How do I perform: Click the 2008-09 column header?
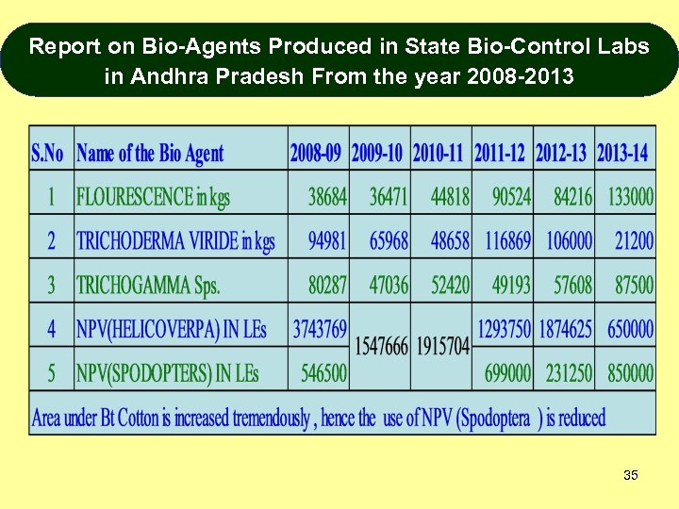tap(318, 153)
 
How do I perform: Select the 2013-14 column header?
tap(623, 153)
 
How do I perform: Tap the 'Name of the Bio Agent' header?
tap(150, 153)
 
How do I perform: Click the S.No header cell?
tap(48, 153)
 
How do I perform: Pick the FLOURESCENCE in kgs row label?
tap(153, 197)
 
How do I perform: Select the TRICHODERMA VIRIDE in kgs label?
tap(175, 240)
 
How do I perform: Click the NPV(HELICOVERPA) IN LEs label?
tap(171, 329)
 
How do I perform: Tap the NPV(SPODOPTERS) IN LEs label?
tap(167, 373)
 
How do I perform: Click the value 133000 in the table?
tap(630, 197)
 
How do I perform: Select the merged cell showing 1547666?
tap(381, 347)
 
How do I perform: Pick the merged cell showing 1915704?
tap(441, 347)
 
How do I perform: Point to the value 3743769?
tap(320, 329)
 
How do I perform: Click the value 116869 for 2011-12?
tap(507, 240)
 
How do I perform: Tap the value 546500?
tap(323, 373)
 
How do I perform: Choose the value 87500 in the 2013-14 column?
tap(634, 285)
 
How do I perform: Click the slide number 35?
tap(631, 475)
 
